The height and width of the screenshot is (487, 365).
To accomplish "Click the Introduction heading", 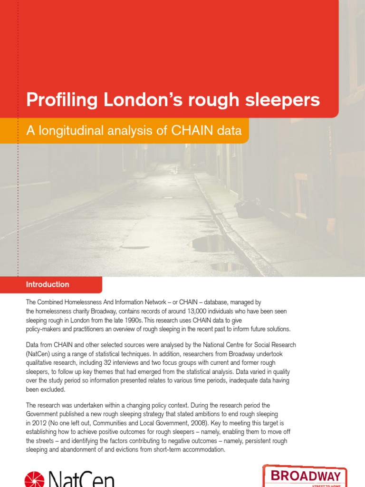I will tap(48, 284).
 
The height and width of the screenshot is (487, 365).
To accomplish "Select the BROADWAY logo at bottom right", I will tap(305, 476).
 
